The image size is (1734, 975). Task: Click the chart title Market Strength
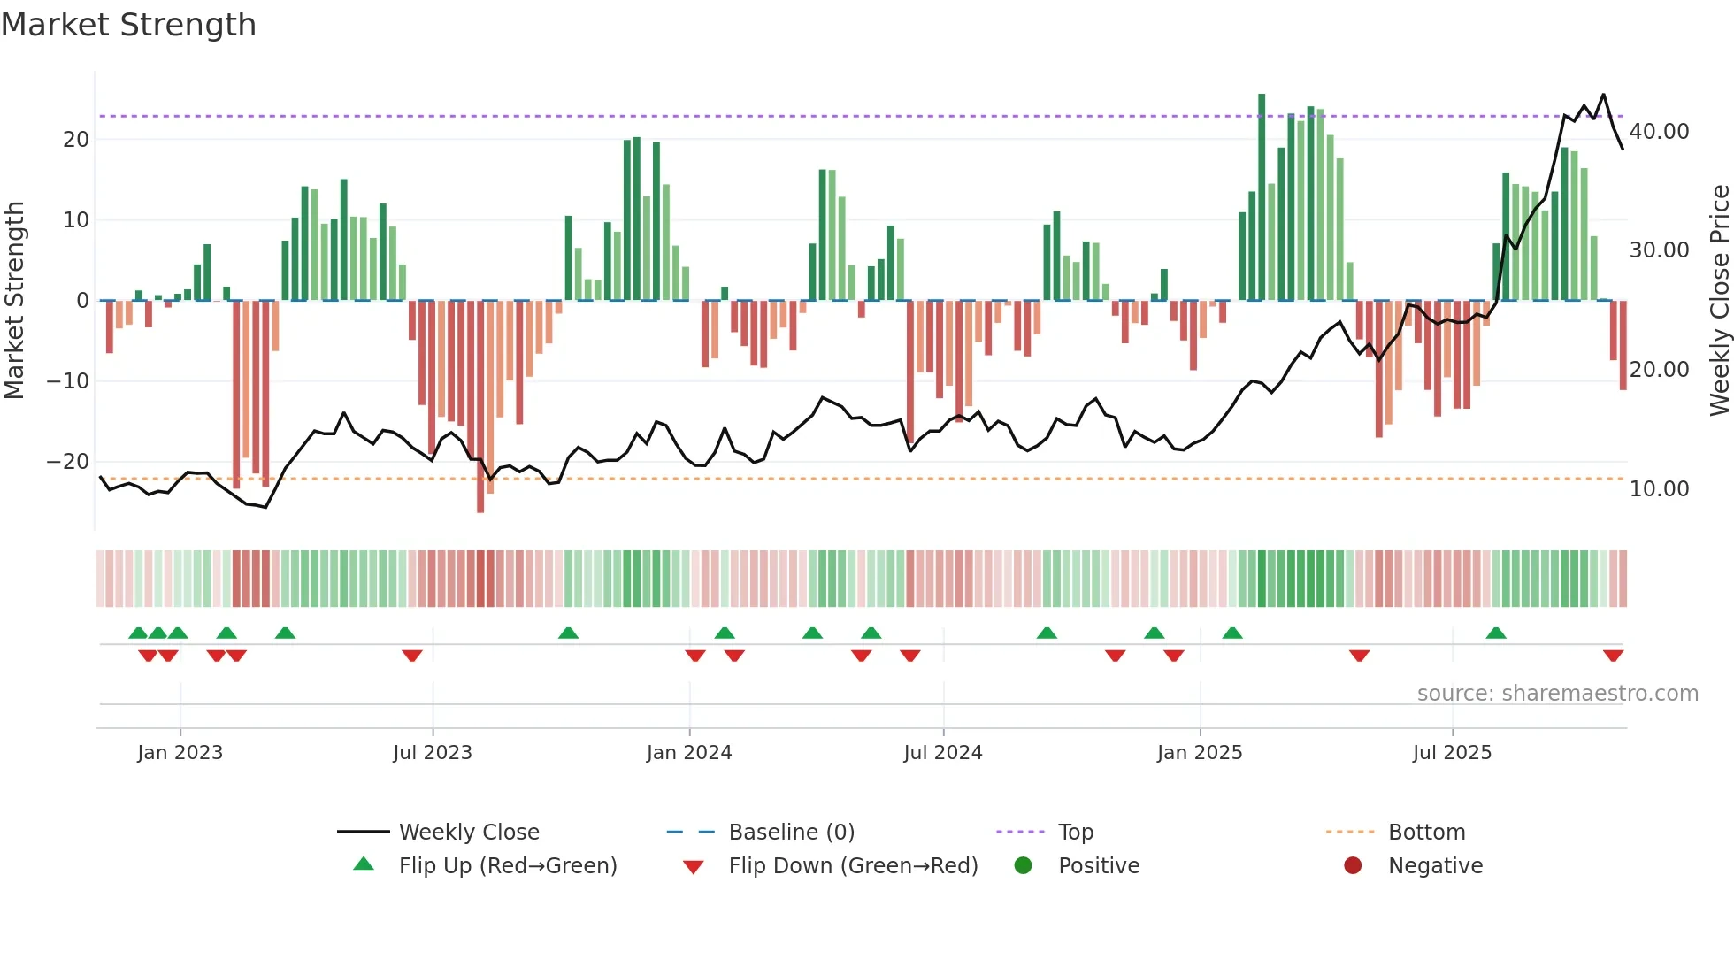[128, 25]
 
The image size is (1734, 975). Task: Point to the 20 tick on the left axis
[76, 140]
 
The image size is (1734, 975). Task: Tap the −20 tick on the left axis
[68, 462]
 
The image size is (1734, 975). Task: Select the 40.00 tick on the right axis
[1659, 132]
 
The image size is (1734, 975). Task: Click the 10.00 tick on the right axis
[1659, 489]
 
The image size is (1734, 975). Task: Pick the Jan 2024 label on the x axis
[688, 753]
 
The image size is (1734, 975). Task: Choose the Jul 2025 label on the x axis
[1452, 753]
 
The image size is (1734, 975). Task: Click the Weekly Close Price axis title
[1719, 300]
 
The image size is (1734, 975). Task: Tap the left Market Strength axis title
[15, 300]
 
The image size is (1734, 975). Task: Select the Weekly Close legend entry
[468, 833]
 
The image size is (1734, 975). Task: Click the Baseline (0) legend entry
[791, 833]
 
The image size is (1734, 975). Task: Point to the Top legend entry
[1075, 833]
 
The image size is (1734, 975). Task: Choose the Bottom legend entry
[1426, 833]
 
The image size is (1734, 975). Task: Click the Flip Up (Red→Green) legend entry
[507, 866]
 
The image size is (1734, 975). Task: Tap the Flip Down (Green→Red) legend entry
[853, 866]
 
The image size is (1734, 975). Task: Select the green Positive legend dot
[1024, 866]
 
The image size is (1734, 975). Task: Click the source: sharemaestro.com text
[1557, 694]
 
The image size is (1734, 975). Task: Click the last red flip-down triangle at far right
[1613, 656]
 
